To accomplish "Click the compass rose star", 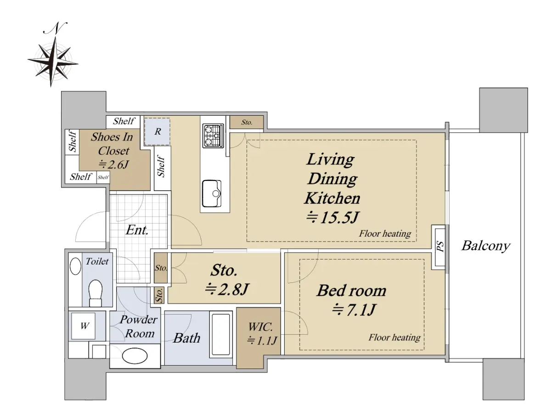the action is coord(52,61).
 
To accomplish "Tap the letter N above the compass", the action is coord(56,28).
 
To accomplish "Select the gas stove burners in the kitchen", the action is coord(213,135).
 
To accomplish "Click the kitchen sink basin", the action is coord(212,193).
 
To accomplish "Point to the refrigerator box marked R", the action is coord(157,131).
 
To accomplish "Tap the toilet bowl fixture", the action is coord(96,293).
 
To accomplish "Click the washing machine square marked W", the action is coord(83,326).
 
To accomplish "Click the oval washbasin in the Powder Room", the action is coord(135,356).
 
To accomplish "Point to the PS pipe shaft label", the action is coord(440,246).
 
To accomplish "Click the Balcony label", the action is coord(485,246).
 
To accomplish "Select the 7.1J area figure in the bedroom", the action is coord(354,310).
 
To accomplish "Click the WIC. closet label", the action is coord(260,327).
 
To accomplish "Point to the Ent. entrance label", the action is coord(137,230).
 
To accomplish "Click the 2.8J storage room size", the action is coord(227,289).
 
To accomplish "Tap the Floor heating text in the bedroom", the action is coord(394,338).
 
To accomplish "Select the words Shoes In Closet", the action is coord(112,144).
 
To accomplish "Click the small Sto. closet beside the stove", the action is coord(247,122).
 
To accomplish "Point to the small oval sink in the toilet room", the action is coord(75,267).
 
